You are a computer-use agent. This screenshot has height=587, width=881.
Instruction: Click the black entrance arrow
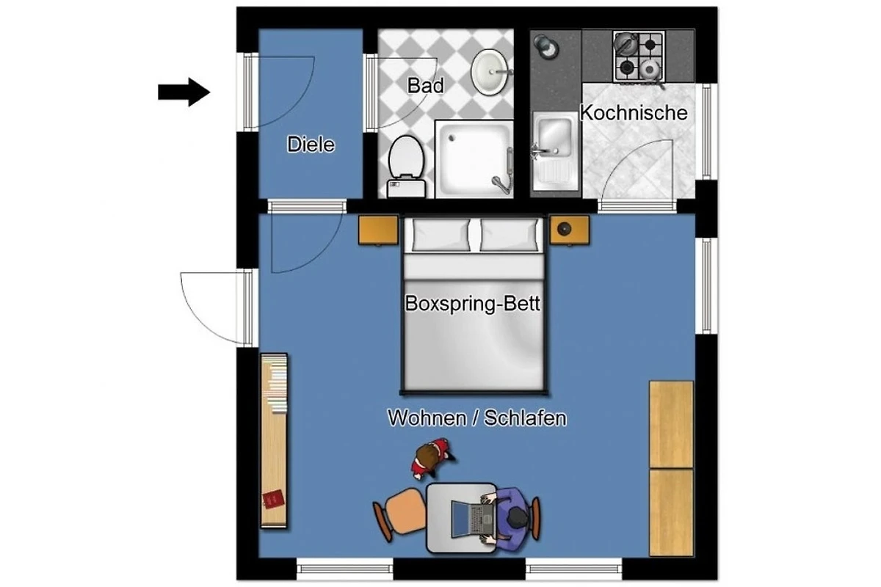click(x=184, y=92)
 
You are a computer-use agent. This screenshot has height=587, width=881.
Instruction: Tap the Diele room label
click(x=311, y=145)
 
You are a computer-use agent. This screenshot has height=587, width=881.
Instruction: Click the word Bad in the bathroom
click(x=426, y=85)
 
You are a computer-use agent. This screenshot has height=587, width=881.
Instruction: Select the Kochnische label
click(x=634, y=113)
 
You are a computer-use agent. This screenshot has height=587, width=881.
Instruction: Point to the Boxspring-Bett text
click(x=472, y=303)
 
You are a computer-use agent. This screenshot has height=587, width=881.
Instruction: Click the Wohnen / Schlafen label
click(x=477, y=418)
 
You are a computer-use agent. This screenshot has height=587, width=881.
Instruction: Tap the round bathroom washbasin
click(x=490, y=72)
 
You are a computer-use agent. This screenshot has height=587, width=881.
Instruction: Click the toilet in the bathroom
click(x=406, y=167)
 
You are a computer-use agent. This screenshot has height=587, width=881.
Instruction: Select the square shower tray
click(x=474, y=158)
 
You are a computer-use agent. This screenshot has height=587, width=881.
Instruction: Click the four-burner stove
click(x=639, y=56)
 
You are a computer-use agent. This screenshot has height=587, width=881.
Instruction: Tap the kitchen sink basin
click(x=554, y=136)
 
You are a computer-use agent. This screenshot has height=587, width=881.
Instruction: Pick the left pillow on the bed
click(x=440, y=235)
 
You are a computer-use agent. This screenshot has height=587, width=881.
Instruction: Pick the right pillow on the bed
click(x=509, y=235)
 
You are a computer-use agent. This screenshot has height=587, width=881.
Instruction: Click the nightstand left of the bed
click(x=378, y=230)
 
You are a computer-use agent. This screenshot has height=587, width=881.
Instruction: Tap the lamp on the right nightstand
click(x=565, y=228)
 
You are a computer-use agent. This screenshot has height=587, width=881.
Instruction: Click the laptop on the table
click(x=473, y=519)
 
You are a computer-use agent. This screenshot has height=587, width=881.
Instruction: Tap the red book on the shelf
click(x=273, y=500)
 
